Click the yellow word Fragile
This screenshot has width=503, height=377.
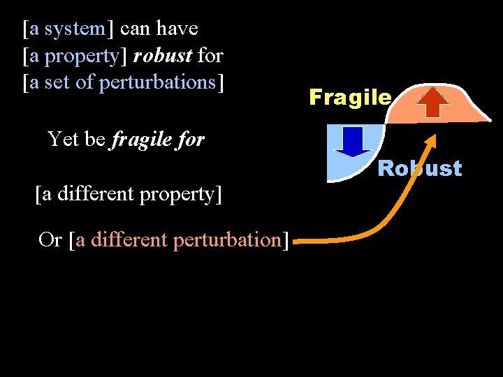(x=350, y=97)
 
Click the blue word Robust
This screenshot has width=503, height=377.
(x=420, y=168)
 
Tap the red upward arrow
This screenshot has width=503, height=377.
(x=433, y=102)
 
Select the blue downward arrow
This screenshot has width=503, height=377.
(x=353, y=141)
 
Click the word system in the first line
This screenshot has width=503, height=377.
(x=74, y=29)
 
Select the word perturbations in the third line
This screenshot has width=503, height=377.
(x=157, y=82)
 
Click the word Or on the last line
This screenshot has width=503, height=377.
(x=50, y=239)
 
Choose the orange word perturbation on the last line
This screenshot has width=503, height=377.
(x=228, y=239)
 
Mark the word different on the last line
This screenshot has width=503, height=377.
(x=132, y=239)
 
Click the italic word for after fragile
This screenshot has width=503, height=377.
(x=190, y=140)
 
